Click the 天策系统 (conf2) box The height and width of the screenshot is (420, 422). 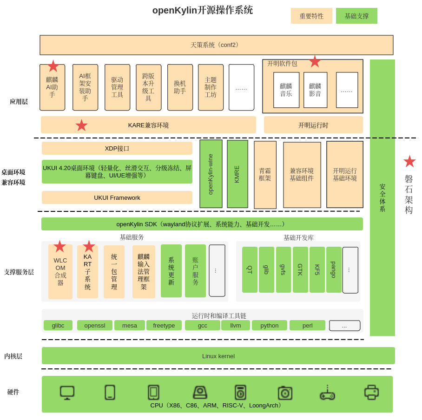click(216, 45)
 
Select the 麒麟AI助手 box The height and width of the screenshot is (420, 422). click(52, 87)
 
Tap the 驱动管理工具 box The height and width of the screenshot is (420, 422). click(117, 87)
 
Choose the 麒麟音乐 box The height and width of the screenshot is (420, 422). click(286, 90)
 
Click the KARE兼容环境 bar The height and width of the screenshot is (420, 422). click(148, 125)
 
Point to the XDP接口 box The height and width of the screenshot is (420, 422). click(117, 148)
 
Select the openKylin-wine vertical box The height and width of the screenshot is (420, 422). click(211, 174)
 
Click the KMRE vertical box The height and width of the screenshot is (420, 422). click(237, 174)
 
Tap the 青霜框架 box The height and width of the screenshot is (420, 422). click(265, 175)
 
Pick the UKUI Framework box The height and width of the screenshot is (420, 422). click(117, 197)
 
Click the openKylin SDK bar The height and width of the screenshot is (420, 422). click(202, 224)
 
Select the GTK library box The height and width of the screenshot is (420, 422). click(300, 269)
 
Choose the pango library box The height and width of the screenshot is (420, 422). click(334, 269)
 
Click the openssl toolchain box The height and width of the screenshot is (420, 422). click(95, 325)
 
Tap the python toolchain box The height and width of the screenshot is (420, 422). click(270, 325)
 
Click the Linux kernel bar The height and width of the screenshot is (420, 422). click(218, 356)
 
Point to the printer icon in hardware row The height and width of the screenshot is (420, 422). click(371, 393)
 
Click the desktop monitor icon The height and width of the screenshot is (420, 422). click(67, 393)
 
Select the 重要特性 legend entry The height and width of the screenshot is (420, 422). click(311, 16)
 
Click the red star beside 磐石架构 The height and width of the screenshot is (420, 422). click(409, 161)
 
